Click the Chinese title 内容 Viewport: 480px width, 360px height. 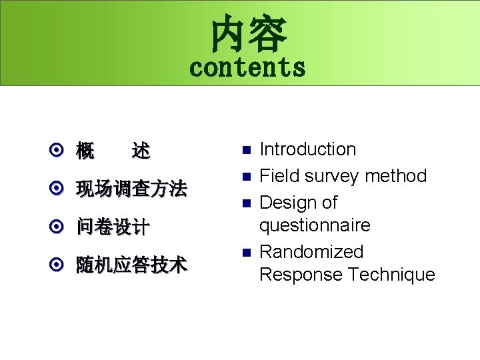coord(249,35)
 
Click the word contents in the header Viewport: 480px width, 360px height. coord(247,67)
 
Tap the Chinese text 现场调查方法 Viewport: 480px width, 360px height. coord(131,189)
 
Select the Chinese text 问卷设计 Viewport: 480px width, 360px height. coord(113,227)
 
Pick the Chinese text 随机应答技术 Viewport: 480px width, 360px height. coord(131,265)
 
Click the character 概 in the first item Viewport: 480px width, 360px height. coord(85,151)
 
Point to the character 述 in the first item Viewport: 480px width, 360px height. coord(141,151)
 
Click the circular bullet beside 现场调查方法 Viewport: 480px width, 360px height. coord(58,189)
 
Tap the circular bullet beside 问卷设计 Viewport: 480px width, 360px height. coord(58,227)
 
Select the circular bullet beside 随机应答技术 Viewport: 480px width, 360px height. coord(58,265)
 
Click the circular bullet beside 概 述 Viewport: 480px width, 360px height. coord(58,151)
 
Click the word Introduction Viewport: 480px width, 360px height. coord(307,149)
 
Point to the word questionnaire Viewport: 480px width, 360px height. coord(314,225)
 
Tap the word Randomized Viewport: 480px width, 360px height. coord(311,252)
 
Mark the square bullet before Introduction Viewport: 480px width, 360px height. coord(245,150)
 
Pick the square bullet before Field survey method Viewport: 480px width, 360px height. coord(245,177)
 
